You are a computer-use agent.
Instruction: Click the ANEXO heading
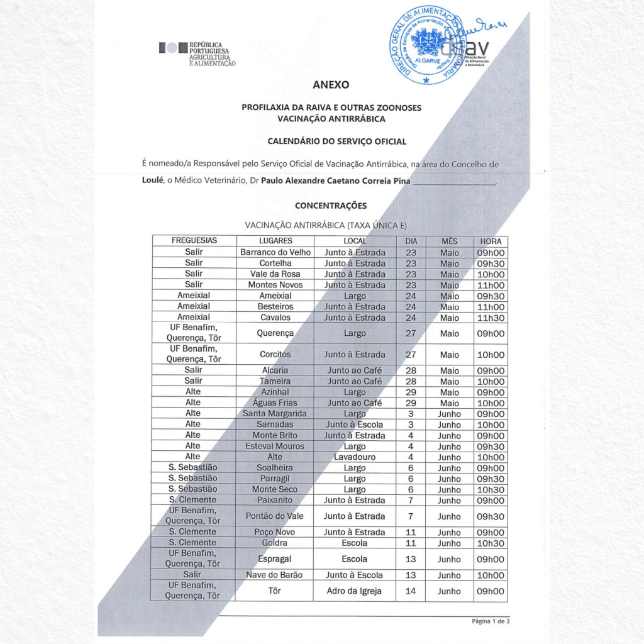pyautogui.click(x=331, y=85)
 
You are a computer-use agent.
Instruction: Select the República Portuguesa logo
pyautogui.click(x=197, y=54)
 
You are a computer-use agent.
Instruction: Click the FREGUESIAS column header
pyautogui.click(x=194, y=241)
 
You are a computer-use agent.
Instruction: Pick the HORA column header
pyautogui.click(x=491, y=241)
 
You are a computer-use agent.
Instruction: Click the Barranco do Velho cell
pyautogui.click(x=275, y=252)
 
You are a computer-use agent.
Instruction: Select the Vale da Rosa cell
pyautogui.click(x=275, y=274)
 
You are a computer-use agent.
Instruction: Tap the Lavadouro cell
pyautogui.click(x=355, y=457)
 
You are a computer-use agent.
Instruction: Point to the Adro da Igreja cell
pyautogui.click(x=355, y=591)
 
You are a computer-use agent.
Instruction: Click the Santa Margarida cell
pyautogui.click(x=275, y=414)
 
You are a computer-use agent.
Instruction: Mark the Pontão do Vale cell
pyautogui.click(x=275, y=516)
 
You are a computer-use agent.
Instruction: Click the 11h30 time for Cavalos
pyautogui.click(x=491, y=318)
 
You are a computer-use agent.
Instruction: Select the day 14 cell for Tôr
pyautogui.click(x=411, y=591)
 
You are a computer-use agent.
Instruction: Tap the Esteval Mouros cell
pyautogui.click(x=275, y=446)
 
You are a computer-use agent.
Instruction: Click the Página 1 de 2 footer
pyautogui.click(x=491, y=621)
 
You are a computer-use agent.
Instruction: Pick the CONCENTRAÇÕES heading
pyautogui.click(x=331, y=206)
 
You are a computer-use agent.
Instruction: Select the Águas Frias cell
pyautogui.click(x=275, y=403)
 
